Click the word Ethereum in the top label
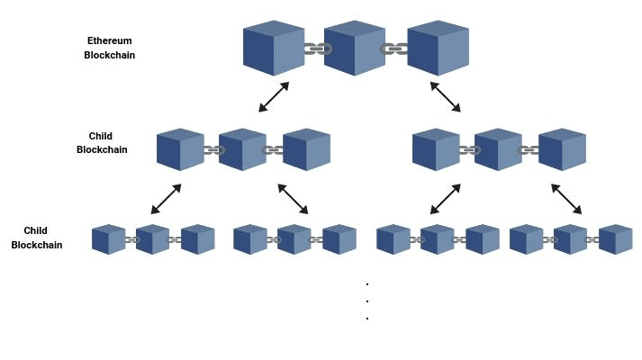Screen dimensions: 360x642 point(110,40)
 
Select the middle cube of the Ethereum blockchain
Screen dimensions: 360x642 point(354,48)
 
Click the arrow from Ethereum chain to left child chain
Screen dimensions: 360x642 point(274,97)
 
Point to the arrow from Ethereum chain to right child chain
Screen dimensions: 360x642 point(445,97)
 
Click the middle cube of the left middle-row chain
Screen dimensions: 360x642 point(242,149)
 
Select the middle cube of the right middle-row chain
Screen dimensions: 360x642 point(498,149)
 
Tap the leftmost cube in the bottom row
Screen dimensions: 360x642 point(108,239)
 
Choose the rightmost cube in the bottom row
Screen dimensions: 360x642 point(615,239)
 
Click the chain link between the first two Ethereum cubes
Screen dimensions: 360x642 point(314,49)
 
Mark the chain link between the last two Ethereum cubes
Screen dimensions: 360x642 point(394,49)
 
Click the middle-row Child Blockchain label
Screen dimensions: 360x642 point(101,143)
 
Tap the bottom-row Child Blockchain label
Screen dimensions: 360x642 point(36,238)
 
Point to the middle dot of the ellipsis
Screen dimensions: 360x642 point(367,301)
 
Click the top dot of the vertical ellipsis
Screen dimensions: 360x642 point(367,283)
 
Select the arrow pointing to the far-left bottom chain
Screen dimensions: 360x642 point(166,199)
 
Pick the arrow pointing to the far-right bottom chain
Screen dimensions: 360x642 point(566,199)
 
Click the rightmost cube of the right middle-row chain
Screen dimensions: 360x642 point(562,149)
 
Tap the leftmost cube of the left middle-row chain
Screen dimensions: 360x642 point(180,149)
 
